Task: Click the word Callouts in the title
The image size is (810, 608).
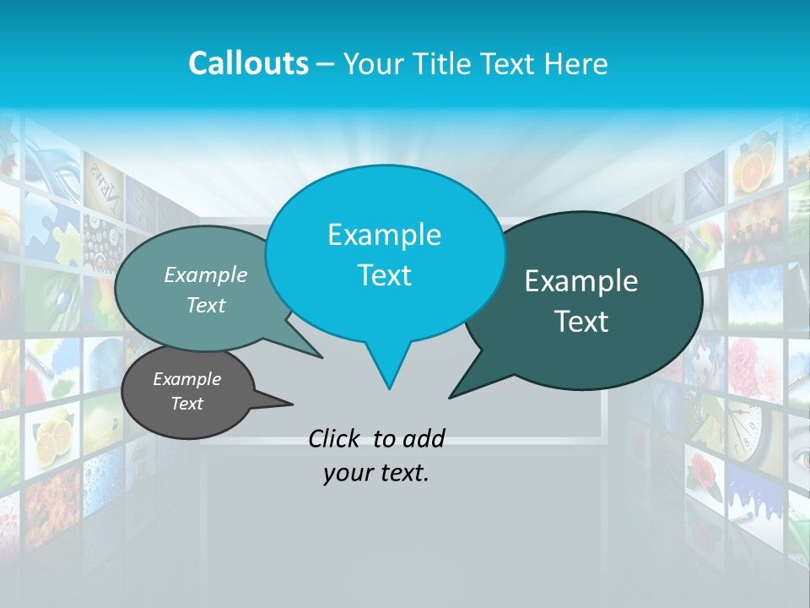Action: (x=248, y=63)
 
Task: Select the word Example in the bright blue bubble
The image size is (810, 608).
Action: (x=384, y=235)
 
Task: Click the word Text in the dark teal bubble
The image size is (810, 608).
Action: (x=581, y=322)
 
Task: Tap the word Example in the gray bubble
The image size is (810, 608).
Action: (x=186, y=379)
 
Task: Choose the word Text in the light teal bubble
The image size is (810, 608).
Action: (x=206, y=305)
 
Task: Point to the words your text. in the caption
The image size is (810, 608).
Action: (x=375, y=473)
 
